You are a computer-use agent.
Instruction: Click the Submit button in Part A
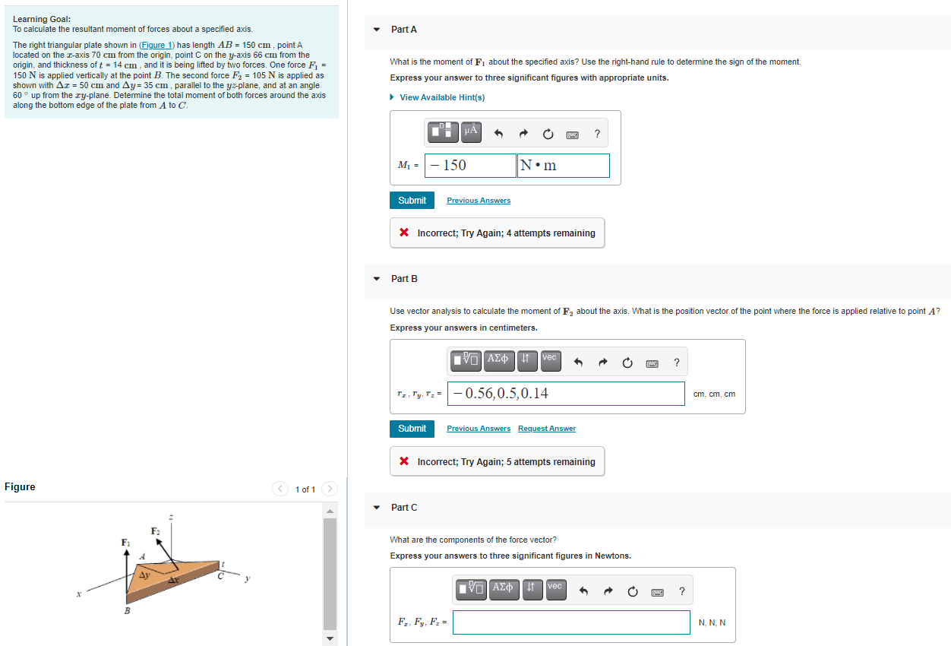pyautogui.click(x=412, y=201)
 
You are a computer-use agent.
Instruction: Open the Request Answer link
pyautogui.click(x=547, y=429)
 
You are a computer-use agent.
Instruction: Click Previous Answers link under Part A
pyautogui.click(x=479, y=201)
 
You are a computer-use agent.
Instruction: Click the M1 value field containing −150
pyautogui.click(x=471, y=166)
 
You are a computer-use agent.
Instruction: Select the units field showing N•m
pyautogui.click(x=563, y=166)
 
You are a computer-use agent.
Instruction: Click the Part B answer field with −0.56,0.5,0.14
pyautogui.click(x=567, y=394)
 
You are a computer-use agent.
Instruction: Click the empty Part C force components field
pyautogui.click(x=571, y=622)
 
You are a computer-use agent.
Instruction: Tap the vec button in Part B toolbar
pyautogui.click(x=550, y=360)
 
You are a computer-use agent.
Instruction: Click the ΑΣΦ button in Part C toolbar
pyautogui.click(x=503, y=589)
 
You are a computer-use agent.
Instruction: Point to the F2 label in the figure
pyautogui.click(x=155, y=530)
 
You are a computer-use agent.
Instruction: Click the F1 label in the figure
pyautogui.click(x=125, y=542)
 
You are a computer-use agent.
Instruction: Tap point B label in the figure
pyautogui.click(x=126, y=611)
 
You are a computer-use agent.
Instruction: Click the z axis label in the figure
pyautogui.click(x=171, y=518)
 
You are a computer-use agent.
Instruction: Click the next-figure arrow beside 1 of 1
pyautogui.click(x=330, y=489)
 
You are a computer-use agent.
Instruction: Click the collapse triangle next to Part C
pyautogui.click(x=376, y=508)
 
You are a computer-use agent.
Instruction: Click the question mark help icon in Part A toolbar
pyautogui.click(x=597, y=135)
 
